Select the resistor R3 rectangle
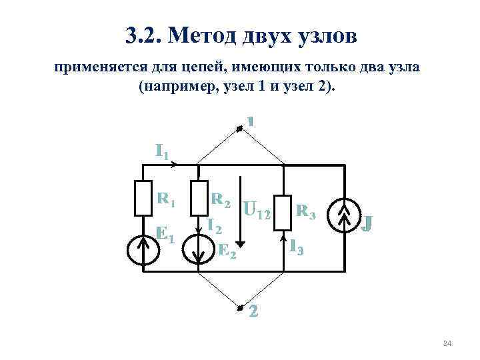click(283, 213)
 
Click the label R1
click(166, 199)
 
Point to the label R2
click(221, 199)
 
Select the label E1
click(165, 234)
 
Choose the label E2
click(227, 251)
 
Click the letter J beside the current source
click(366, 221)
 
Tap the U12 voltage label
click(257, 212)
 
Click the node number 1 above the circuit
click(251, 121)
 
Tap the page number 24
click(447, 343)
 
